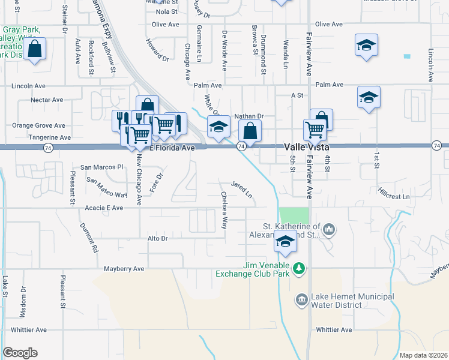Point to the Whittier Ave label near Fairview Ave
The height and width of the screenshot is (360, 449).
pos(334,329)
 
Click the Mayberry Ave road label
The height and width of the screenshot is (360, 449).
pos(124,269)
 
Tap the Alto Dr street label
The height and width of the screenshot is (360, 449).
pos(156,238)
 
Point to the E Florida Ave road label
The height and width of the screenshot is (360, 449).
pos(173,148)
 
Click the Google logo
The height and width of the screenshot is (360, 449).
pos(20,353)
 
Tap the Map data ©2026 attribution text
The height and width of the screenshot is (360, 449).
pos(423,355)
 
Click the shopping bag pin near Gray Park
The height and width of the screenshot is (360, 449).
pos(35,50)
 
